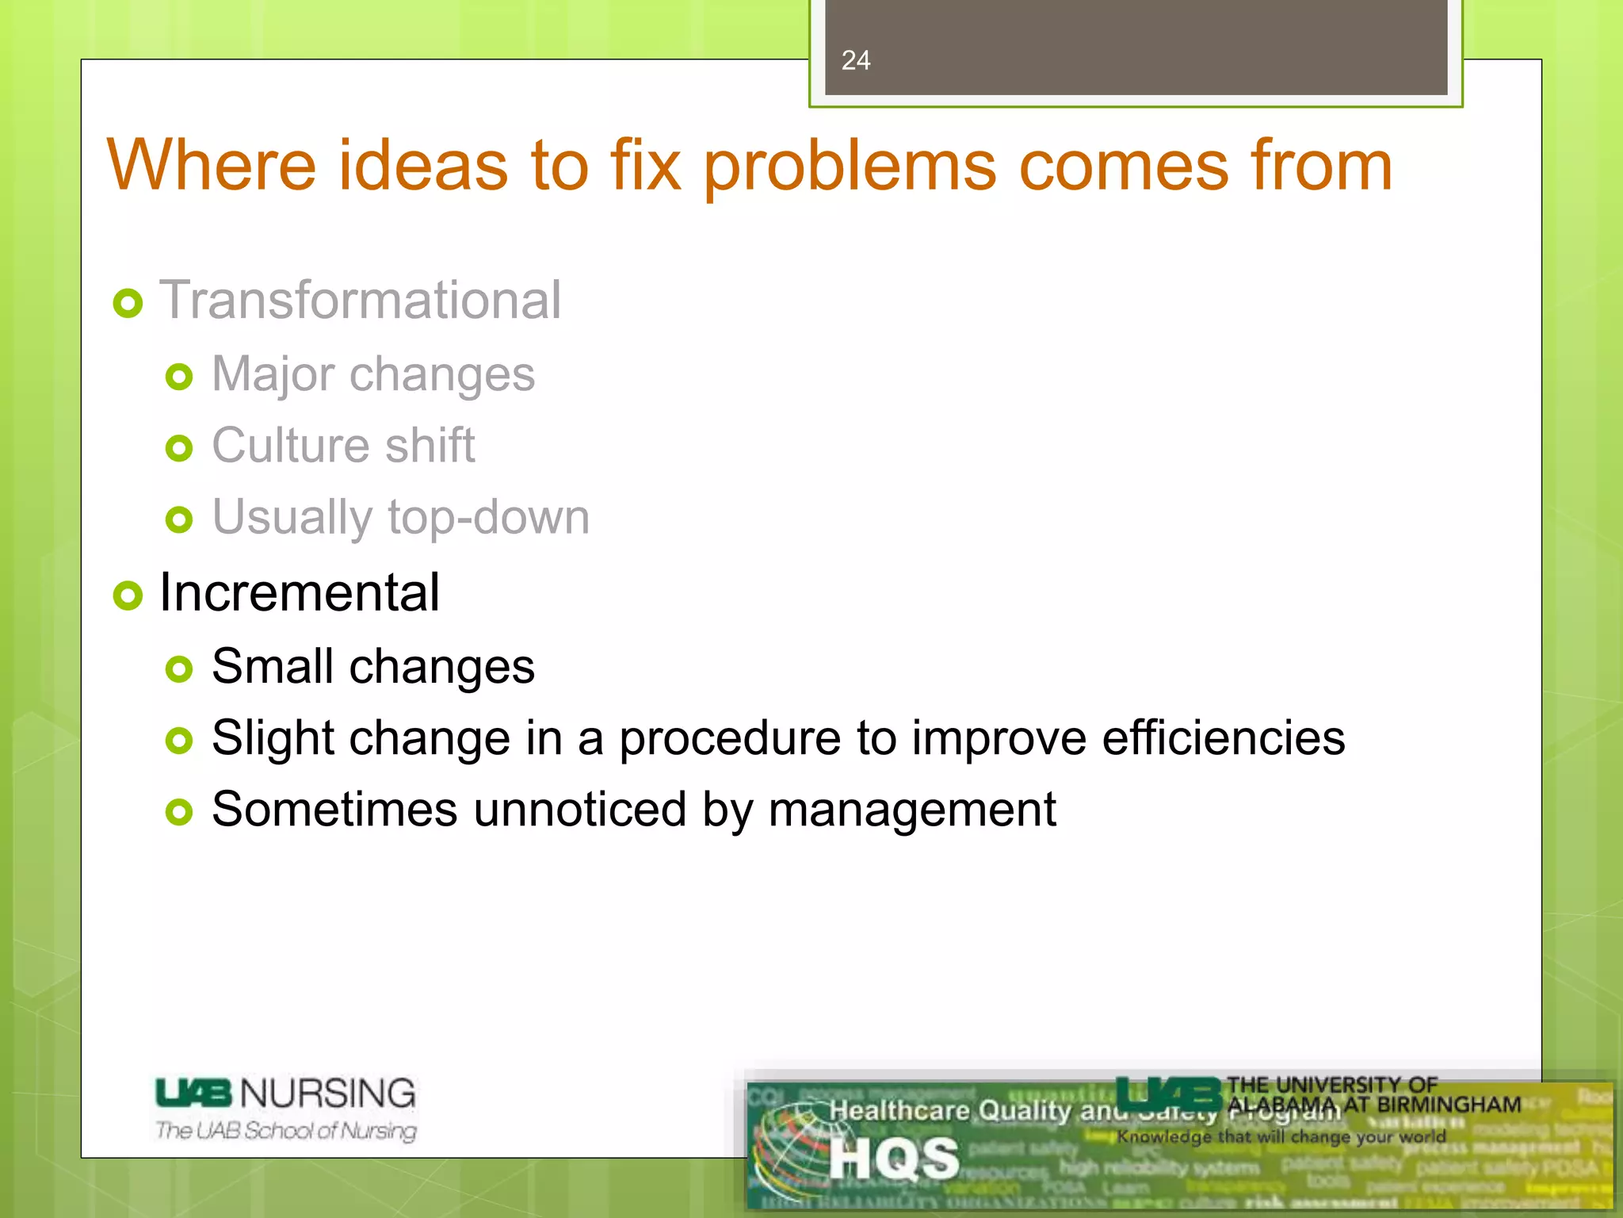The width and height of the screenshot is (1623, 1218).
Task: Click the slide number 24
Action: click(855, 60)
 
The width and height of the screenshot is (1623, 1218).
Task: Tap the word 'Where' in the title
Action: click(212, 166)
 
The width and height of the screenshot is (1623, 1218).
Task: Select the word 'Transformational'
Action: click(361, 301)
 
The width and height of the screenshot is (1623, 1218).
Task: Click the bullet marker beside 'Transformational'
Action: click(128, 303)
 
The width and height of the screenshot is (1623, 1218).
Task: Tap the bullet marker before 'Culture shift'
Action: click(179, 449)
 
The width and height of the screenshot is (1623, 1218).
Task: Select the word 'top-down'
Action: click(488, 517)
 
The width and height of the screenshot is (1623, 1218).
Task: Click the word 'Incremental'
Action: click(299, 592)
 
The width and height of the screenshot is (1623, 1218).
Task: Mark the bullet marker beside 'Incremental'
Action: click(128, 596)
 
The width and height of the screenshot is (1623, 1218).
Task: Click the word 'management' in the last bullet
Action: click(911, 811)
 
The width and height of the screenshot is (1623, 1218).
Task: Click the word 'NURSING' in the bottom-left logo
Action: click(327, 1094)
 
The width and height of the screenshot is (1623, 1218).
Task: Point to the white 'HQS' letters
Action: click(895, 1159)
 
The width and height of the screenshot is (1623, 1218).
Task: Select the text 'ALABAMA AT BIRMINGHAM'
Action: click(1373, 1105)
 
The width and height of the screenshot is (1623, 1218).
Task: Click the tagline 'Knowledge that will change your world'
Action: click(1281, 1136)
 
